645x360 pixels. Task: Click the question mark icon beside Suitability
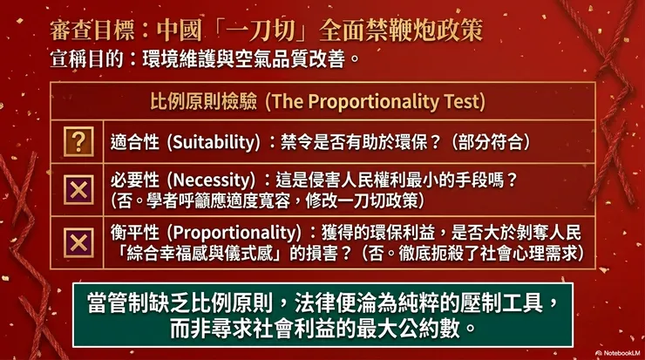(78, 141)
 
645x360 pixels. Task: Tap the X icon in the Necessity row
(78, 189)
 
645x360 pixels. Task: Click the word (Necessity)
(207, 180)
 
